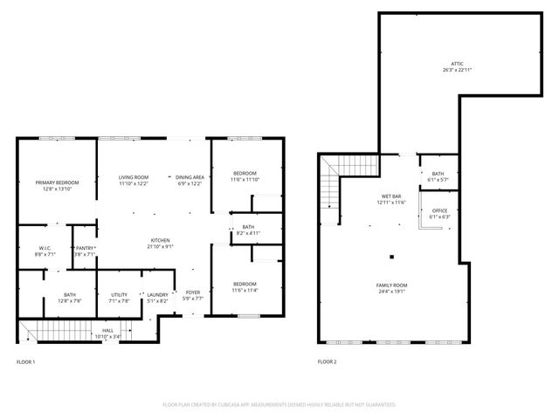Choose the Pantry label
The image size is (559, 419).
[85, 248]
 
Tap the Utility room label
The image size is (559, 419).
[119, 294]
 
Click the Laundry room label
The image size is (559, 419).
[157, 294]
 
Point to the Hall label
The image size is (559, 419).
[107, 329]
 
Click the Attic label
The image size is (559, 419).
[458, 64]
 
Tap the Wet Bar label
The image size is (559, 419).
[390, 197]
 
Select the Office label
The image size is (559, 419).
[439, 210]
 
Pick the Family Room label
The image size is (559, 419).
[393, 285]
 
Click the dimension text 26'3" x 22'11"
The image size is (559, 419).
[458, 70]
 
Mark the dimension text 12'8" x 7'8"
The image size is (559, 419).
[69, 300]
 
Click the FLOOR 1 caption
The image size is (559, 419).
[26, 361]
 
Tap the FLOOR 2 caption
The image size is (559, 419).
[327, 361]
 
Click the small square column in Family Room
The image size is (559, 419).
[392, 257]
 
